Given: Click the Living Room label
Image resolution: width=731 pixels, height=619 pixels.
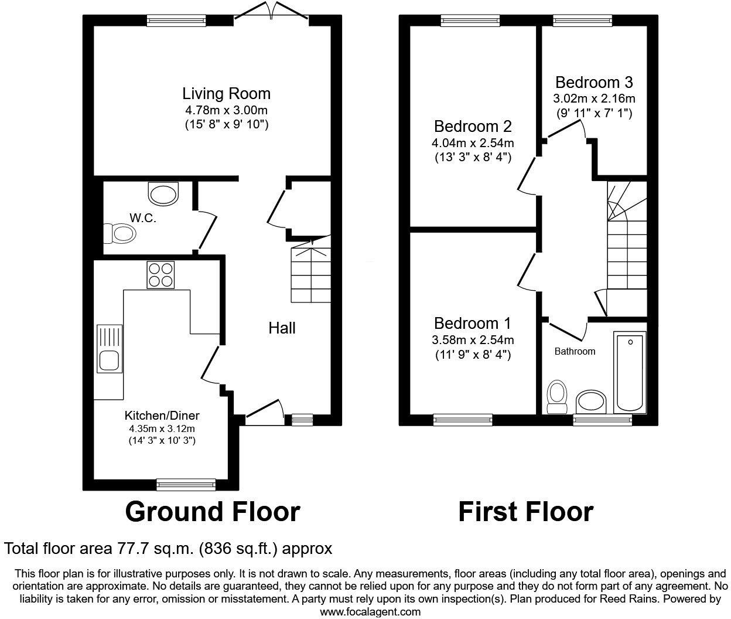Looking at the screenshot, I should pos(226,94).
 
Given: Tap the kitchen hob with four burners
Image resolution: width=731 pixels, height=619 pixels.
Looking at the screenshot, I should pos(161,274).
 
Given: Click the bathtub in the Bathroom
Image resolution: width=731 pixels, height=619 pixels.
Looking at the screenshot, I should pos(630,372).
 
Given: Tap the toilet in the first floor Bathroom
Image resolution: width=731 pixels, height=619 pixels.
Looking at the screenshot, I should pos(556,397).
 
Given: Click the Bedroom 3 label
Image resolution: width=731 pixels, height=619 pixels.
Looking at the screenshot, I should pos(594,82).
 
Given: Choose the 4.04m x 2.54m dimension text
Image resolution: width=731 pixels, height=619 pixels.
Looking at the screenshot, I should pos(473,142).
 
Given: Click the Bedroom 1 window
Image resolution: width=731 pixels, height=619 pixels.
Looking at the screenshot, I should pos(463,419).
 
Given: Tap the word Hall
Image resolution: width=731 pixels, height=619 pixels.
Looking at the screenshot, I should pos(282,328).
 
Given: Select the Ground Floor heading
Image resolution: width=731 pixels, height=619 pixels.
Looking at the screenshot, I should pos(213,512).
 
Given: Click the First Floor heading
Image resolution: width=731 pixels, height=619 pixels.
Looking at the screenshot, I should pos(525,512).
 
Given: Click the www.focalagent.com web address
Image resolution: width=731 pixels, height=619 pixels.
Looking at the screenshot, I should pos(370,611).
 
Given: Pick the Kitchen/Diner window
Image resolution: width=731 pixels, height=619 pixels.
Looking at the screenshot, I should pos(186,484).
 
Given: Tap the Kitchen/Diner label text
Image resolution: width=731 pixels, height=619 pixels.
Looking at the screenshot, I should pos(162,416).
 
